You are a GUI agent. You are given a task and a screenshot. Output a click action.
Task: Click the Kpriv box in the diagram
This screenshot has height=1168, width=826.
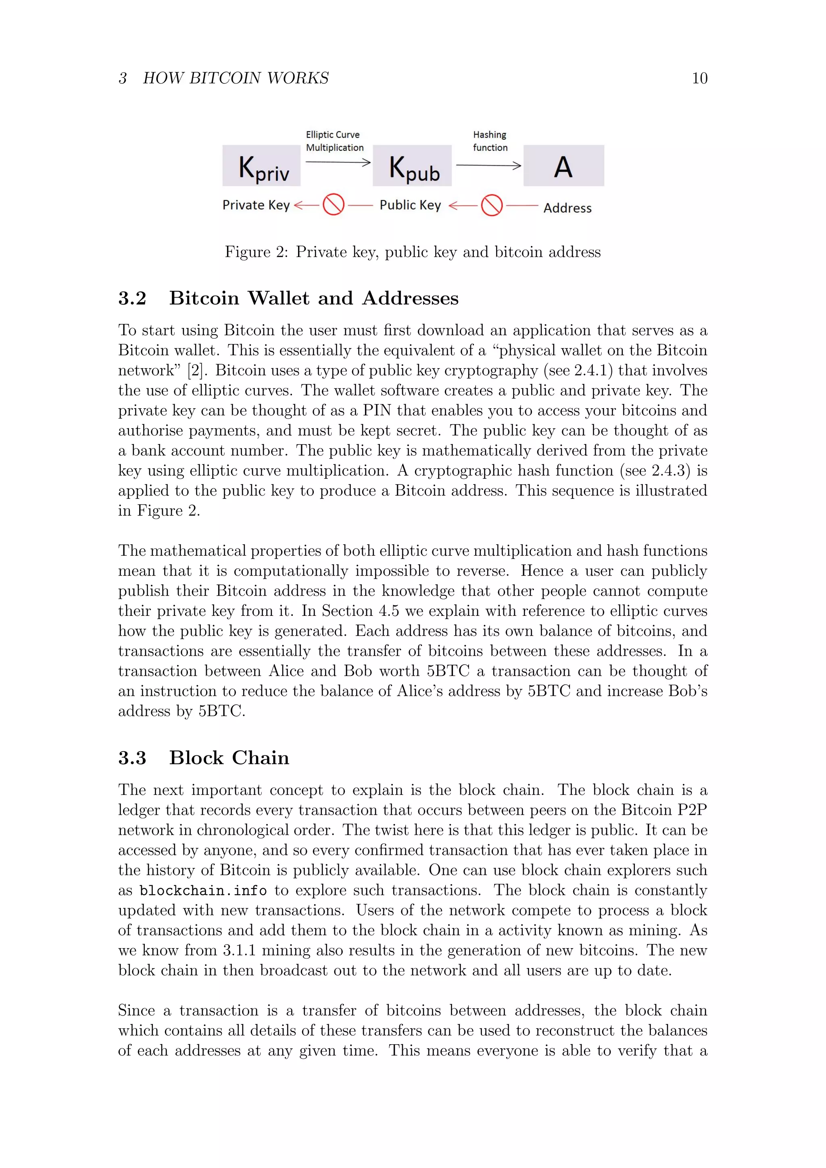tap(261, 166)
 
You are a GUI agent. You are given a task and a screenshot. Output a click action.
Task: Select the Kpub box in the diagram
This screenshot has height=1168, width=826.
tap(412, 166)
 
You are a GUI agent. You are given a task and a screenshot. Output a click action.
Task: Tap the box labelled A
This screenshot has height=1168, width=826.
tap(563, 166)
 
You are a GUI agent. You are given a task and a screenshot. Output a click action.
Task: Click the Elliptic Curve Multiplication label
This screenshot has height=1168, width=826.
tap(335, 141)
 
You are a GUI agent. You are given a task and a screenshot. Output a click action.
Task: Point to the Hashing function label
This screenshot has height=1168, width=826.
tap(490, 141)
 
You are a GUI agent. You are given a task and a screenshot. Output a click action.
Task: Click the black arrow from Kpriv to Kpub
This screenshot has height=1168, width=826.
tap(338, 162)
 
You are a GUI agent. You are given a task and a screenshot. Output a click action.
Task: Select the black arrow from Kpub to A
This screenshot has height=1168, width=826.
tap(488, 165)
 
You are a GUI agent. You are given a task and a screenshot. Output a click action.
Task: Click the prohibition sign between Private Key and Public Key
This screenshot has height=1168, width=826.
tap(334, 204)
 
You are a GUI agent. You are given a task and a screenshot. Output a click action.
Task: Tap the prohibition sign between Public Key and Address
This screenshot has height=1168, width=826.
tap(492, 205)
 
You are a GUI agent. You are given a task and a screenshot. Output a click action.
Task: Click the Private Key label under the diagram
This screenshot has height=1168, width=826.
tap(256, 205)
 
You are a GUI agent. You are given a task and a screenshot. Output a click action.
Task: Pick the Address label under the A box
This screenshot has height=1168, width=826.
tap(567, 208)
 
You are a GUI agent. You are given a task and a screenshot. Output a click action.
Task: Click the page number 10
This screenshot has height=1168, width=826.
tap(699, 78)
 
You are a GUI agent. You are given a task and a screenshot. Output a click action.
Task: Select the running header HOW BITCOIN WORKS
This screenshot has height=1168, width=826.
tap(236, 78)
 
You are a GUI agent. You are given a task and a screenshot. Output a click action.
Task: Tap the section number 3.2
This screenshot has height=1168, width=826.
tap(132, 298)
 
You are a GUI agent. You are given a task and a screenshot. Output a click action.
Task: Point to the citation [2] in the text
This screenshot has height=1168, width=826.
tap(195, 370)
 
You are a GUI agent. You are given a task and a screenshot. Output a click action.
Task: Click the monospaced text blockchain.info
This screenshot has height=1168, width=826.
tap(203, 891)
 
